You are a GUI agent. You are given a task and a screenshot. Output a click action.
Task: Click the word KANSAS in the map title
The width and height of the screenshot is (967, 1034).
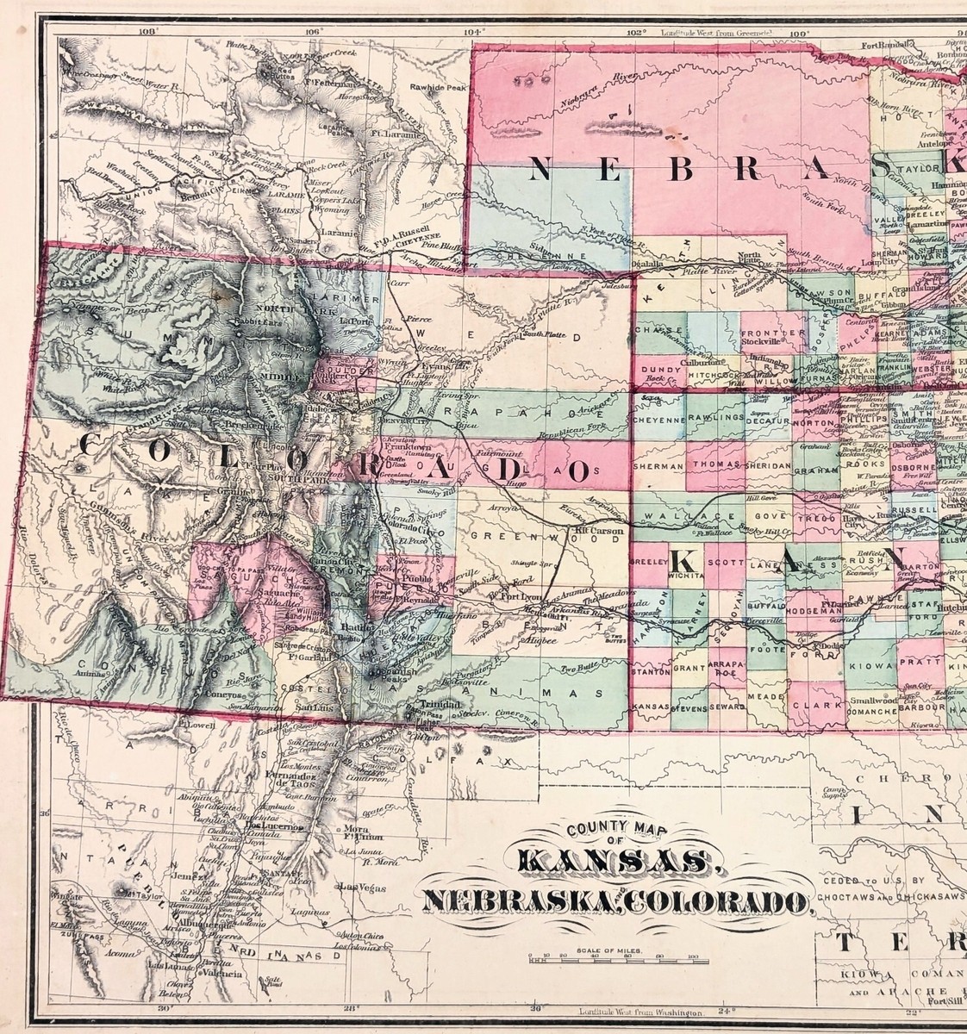[x=615, y=863]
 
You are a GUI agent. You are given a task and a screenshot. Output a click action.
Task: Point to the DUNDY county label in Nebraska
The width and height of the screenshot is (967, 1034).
[x=658, y=368]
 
